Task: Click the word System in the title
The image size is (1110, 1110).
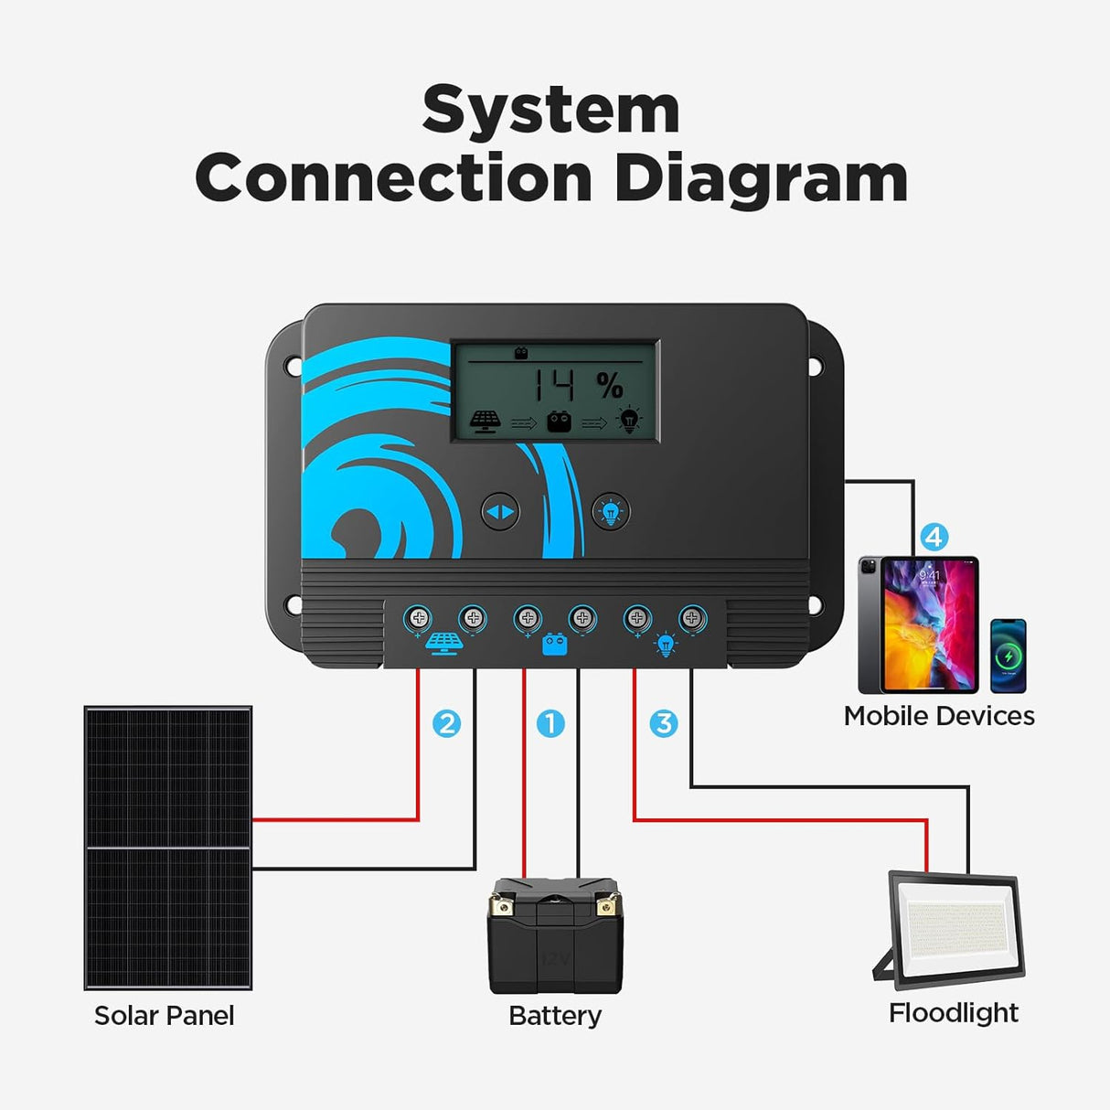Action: tap(551, 112)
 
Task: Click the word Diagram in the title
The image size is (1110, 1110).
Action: tap(761, 179)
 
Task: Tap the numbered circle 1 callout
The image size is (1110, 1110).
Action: tap(550, 723)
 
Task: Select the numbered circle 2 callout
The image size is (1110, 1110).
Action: tap(446, 723)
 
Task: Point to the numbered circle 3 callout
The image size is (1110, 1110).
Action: tap(664, 723)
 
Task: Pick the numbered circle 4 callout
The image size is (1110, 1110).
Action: tap(934, 537)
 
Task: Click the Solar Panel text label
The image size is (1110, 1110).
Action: tap(165, 1015)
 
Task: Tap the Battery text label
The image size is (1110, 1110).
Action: tap(555, 1015)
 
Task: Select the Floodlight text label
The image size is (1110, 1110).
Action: tap(954, 1012)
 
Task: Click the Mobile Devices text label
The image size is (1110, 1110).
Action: tap(939, 716)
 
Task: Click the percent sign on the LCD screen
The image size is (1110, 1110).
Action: tap(610, 386)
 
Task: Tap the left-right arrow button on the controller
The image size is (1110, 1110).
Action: tap(500, 512)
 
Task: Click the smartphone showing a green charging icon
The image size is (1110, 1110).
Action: tap(1009, 656)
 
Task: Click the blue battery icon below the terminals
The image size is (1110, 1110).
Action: tap(555, 646)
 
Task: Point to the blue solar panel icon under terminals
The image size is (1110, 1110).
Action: tap(444, 644)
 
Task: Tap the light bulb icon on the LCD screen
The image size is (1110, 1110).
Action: tap(629, 420)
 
